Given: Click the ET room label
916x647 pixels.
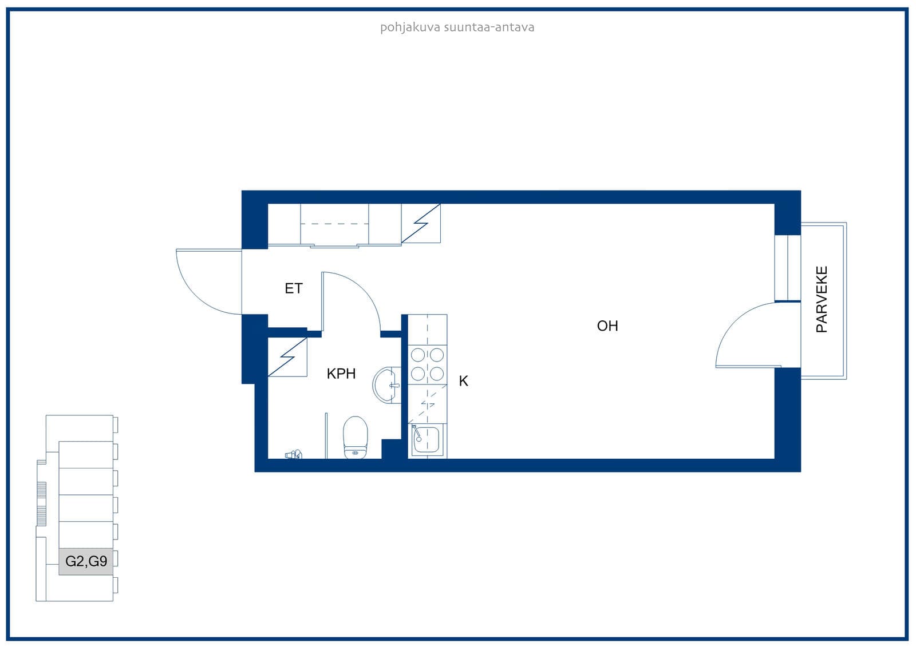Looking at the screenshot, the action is click(x=294, y=288).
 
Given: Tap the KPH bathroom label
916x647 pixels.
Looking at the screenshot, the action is click(x=341, y=374).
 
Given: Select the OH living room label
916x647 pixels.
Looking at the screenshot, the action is click(x=607, y=326).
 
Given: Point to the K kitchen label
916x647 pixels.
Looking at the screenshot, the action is click(x=463, y=381).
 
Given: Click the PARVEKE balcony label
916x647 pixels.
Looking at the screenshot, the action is click(x=822, y=300).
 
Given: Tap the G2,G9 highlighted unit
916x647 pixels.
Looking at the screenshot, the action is click(x=86, y=562).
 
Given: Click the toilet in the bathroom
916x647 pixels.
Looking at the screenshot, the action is click(x=355, y=438).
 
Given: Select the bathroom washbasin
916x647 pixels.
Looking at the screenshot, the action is click(x=387, y=385).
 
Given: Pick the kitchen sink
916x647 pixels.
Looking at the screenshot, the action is click(x=426, y=440).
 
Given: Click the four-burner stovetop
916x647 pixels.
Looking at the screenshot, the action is click(x=427, y=364).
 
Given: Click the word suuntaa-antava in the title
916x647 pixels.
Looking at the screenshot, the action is click(x=489, y=27).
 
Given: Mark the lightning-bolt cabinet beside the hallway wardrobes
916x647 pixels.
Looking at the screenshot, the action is click(x=421, y=224).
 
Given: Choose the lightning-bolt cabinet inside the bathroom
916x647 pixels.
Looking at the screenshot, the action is click(x=287, y=357).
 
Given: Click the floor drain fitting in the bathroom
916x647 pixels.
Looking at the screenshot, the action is click(x=294, y=454).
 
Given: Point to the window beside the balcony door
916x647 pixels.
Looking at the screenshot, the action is click(x=788, y=268).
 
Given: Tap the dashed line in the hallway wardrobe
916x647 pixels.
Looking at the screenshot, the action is click(x=334, y=224).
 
